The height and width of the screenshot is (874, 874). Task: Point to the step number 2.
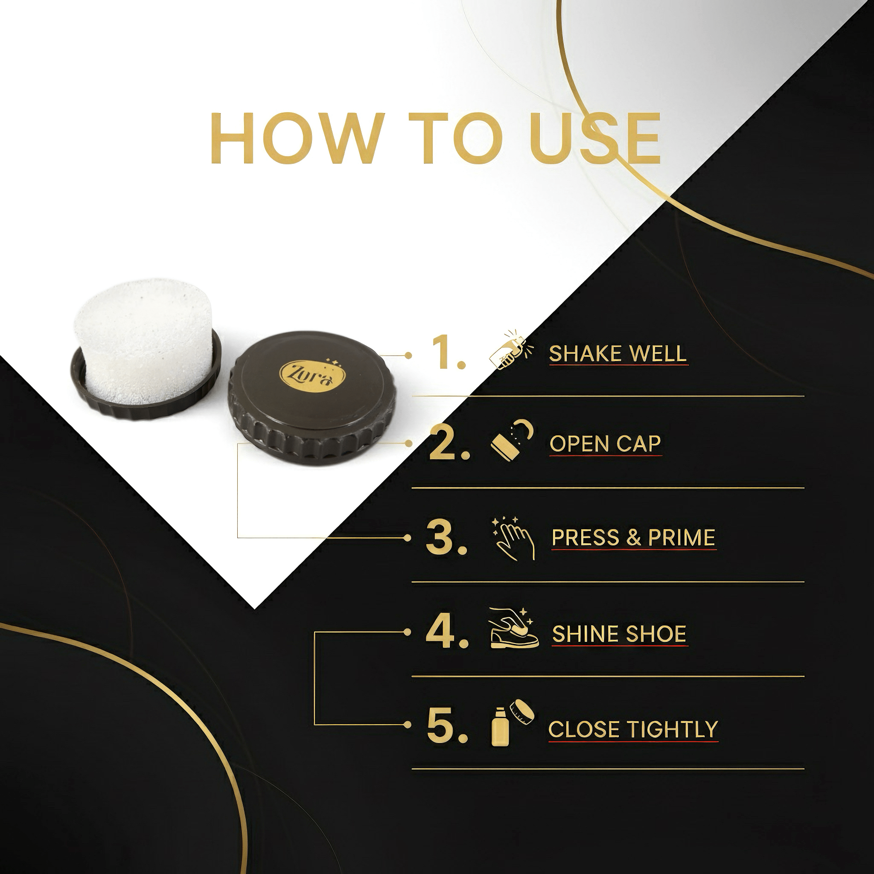[449, 443]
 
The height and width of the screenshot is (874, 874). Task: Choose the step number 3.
[446, 537]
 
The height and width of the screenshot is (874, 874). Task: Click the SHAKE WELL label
[618, 353]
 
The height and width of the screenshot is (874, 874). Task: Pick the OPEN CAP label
[605, 444]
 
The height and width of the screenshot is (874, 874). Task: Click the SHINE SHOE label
[619, 634]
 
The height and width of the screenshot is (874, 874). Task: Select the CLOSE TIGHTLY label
[633, 729]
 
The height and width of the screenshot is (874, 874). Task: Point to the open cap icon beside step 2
[513, 443]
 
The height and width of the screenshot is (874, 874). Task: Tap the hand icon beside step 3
[513, 538]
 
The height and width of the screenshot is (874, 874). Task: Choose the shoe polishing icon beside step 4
[514, 628]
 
